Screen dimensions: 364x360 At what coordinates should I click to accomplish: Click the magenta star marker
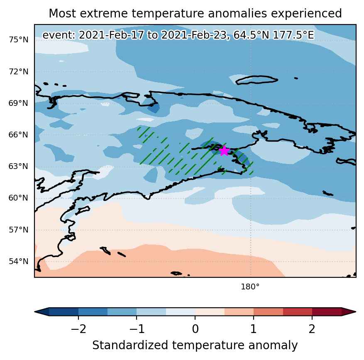[224, 151]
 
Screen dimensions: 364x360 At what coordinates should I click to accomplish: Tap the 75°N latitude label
[19, 40]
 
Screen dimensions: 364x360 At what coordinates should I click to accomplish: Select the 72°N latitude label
[19, 71]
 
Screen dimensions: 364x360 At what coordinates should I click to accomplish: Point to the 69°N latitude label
[19, 103]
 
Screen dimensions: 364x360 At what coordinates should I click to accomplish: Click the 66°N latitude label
[19, 135]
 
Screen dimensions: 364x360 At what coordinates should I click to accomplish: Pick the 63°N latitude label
[19, 166]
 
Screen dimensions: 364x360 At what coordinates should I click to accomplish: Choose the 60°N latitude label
[19, 198]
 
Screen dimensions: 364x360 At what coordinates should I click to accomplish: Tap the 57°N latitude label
[19, 230]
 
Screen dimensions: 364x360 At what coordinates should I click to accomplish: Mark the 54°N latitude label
[19, 261]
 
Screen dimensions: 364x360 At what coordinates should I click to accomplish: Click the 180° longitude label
[250, 287]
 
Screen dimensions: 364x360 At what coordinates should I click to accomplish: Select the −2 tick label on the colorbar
[78, 329]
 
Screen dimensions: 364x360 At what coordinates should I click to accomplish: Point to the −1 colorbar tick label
[137, 329]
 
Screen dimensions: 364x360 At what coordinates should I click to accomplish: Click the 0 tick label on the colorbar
[195, 329]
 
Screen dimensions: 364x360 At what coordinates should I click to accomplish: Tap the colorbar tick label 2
[312, 329]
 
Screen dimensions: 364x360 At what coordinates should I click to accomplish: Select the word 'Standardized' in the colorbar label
[130, 345]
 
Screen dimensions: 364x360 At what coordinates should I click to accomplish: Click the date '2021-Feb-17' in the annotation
[111, 35]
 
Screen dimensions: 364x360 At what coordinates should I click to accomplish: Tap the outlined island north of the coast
[257, 80]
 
